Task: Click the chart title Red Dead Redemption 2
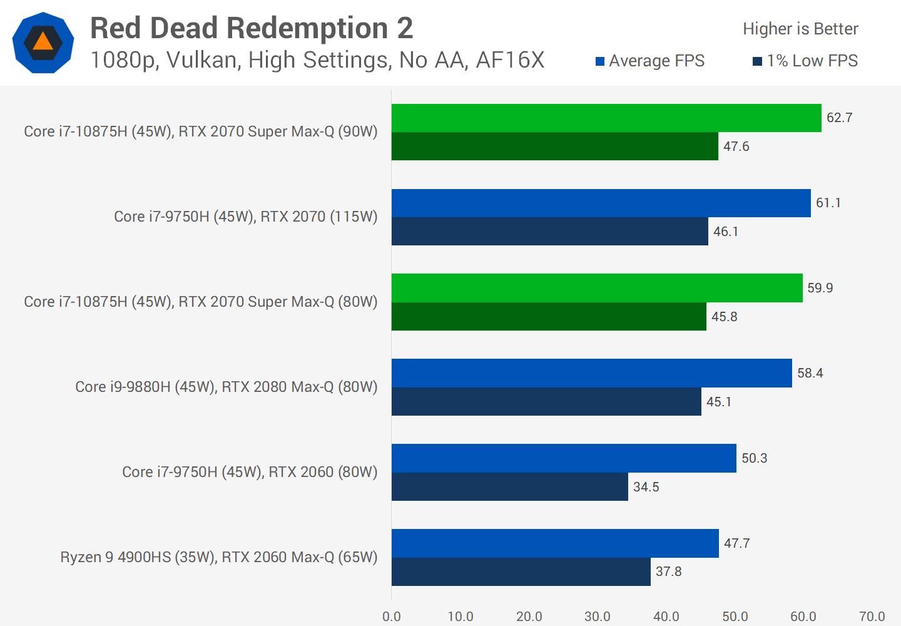[252, 28]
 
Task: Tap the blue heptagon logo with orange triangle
[43, 43]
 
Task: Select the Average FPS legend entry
[650, 61]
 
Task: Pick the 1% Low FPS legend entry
[805, 61]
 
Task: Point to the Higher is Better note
[800, 29]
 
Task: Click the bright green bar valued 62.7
[606, 118]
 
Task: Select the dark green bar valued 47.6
[555, 146]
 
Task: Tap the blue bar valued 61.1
[601, 203]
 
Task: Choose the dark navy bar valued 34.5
[510, 486]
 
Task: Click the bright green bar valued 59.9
[597, 288]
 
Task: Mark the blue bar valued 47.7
[555, 543]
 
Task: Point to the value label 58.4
[810, 373]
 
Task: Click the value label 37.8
[669, 572]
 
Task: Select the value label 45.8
[725, 317]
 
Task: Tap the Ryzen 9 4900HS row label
[219, 557]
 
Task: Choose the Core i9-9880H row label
[227, 387]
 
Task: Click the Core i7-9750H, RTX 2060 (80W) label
[250, 472]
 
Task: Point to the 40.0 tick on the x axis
[666, 617]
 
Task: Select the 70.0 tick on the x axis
[872, 617]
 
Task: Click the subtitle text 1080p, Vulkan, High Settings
[317, 60]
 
